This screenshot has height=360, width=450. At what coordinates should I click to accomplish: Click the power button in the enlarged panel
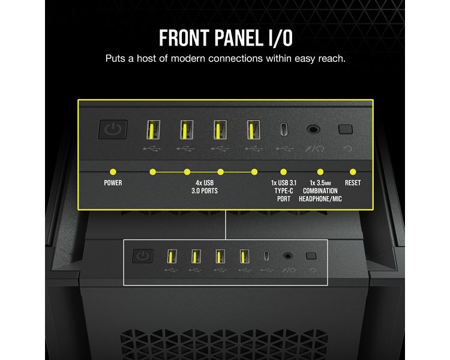point(113,130)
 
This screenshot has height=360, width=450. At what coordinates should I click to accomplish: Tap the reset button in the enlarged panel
point(345,129)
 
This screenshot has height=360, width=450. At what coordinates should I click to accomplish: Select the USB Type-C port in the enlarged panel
point(284,130)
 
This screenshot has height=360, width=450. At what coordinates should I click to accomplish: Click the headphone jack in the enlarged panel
point(313,130)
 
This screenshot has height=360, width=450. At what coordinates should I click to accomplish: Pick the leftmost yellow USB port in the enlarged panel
point(153,130)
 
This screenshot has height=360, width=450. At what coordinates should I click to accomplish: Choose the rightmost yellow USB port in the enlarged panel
point(254,130)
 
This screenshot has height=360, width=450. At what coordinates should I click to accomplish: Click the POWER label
point(113,183)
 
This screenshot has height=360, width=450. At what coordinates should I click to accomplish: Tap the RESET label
point(353,183)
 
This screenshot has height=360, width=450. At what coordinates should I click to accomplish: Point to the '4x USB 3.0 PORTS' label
point(205,187)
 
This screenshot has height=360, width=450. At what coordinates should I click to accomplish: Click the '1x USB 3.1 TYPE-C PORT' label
point(284,191)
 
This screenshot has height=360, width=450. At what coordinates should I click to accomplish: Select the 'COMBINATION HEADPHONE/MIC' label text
point(320,195)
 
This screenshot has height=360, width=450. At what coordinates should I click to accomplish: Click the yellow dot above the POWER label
point(113,172)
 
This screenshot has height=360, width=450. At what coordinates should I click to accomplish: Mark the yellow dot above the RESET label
point(353,172)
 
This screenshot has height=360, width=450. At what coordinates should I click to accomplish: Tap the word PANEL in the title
point(238,38)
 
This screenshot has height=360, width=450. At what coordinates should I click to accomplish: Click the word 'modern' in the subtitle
point(188,59)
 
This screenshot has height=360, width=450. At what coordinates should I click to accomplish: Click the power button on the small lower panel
point(143,256)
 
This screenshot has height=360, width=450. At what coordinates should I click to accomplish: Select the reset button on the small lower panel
point(311,256)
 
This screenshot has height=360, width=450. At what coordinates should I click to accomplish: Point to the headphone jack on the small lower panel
point(288,256)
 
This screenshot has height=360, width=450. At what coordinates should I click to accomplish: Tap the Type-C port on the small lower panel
point(266,256)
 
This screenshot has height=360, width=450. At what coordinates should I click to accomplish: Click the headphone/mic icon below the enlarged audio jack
point(314,149)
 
